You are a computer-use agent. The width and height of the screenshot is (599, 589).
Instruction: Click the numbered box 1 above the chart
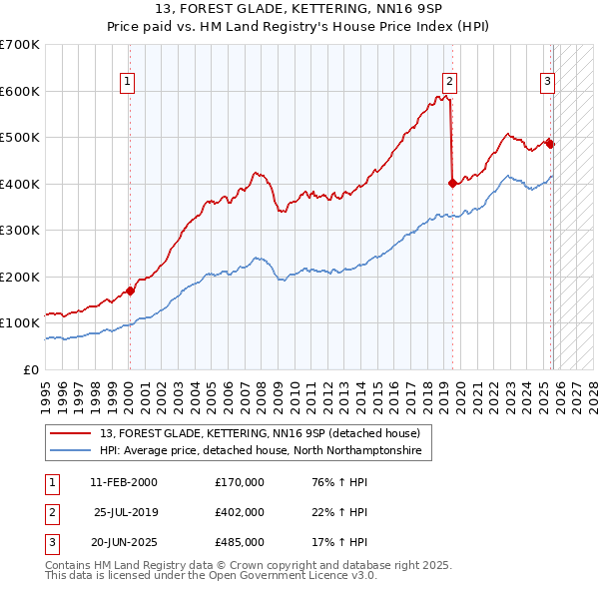pos(128,83)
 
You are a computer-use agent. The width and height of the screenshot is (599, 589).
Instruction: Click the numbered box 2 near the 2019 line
pos(450,83)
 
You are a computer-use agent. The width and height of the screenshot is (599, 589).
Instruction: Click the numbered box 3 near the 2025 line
pos(548,83)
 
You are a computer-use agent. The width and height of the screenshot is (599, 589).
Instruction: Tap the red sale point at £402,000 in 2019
pos(452,183)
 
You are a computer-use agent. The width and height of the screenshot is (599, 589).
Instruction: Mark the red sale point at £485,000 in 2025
pos(550,144)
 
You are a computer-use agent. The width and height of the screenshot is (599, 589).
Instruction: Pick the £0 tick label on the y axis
pos(30,369)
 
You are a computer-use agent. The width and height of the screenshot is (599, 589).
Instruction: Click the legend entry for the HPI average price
pos(261,451)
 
